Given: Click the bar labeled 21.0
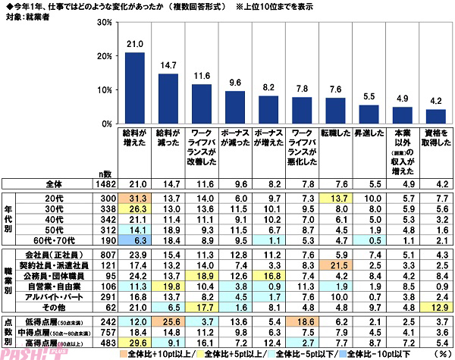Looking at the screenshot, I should (x=135, y=88).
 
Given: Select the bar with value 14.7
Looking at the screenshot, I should (x=168, y=99).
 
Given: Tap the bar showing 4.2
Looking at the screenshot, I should (x=435, y=116).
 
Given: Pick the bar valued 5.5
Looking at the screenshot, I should (x=369, y=114).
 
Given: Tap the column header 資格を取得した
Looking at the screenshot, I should (x=435, y=144).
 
